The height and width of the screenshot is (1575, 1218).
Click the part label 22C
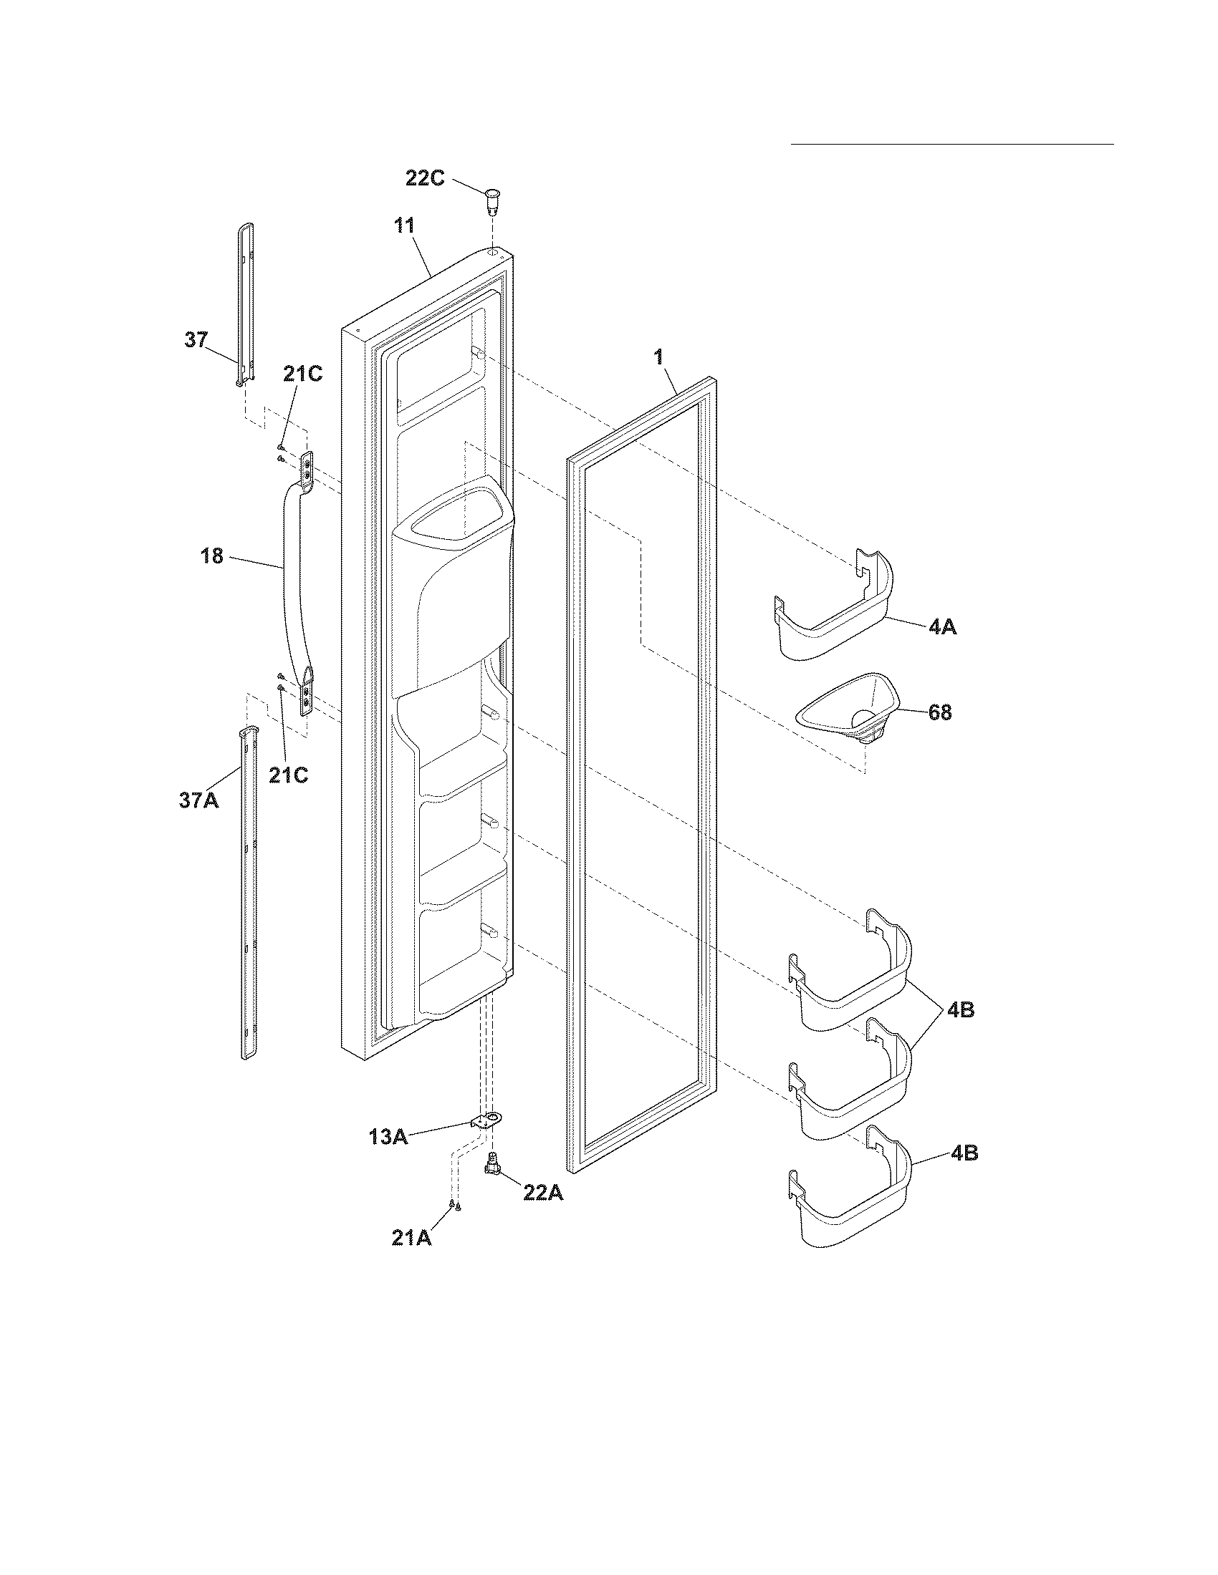[424, 178]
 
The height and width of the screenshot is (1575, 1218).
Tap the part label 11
[404, 226]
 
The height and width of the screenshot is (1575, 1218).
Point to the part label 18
[212, 556]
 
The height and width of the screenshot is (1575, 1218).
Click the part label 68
[939, 712]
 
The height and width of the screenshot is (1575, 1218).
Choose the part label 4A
[942, 626]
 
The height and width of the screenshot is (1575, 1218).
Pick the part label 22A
[542, 1193]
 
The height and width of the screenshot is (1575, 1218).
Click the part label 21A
[411, 1239]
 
